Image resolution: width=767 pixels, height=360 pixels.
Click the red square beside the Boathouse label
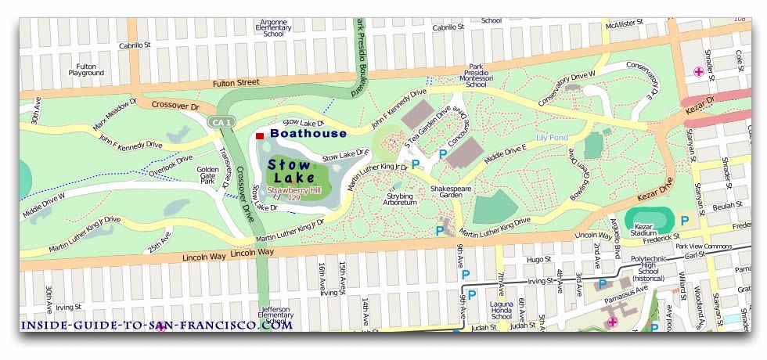pyautogui.click(x=260, y=135)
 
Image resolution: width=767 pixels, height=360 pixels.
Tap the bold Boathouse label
pyautogui.click(x=306, y=134)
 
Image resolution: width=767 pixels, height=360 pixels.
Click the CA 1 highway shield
pyautogui.click(x=221, y=122)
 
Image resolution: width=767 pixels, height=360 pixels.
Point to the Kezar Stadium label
pyautogui.click(x=643, y=229)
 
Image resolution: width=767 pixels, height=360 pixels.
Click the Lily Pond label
pyautogui.click(x=551, y=138)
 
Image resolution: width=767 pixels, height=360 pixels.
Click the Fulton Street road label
pyautogui.click(x=236, y=82)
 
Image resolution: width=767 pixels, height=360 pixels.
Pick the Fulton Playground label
pyautogui.click(x=86, y=70)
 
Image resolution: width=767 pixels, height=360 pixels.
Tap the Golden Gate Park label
pyautogui.click(x=207, y=174)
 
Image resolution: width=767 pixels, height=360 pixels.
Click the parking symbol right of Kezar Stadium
pyautogui.click(x=684, y=221)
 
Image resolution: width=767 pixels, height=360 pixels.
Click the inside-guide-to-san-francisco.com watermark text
pyautogui.click(x=157, y=325)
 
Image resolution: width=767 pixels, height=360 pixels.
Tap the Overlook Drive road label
pyautogui.click(x=171, y=164)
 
